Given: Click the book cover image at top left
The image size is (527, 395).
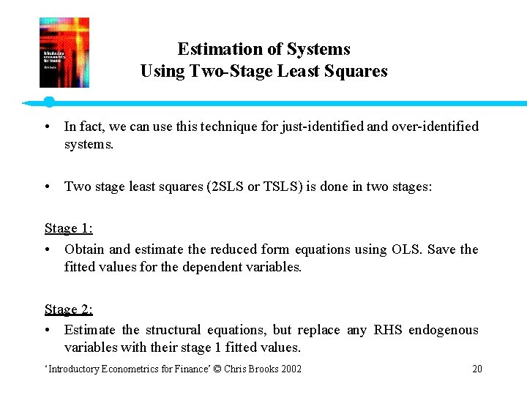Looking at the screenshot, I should pyautogui.click(x=64, y=53).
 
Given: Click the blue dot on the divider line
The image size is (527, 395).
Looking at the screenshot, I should pyautogui.click(x=49, y=102).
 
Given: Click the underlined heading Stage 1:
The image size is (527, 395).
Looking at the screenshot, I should pyautogui.click(x=68, y=228).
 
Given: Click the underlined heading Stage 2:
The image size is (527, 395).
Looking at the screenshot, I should pyautogui.click(x=68, y=309).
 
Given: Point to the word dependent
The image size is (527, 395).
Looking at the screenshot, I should pyautogui.click(x=204, y=267).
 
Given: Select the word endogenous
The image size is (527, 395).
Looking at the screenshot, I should pyautogui.click(x=446, y=330).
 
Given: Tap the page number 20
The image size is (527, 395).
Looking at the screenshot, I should pyautogui.click(x=477, y=369).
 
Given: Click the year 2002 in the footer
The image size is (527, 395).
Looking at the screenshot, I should pyautogui.click(x=289, y=369).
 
